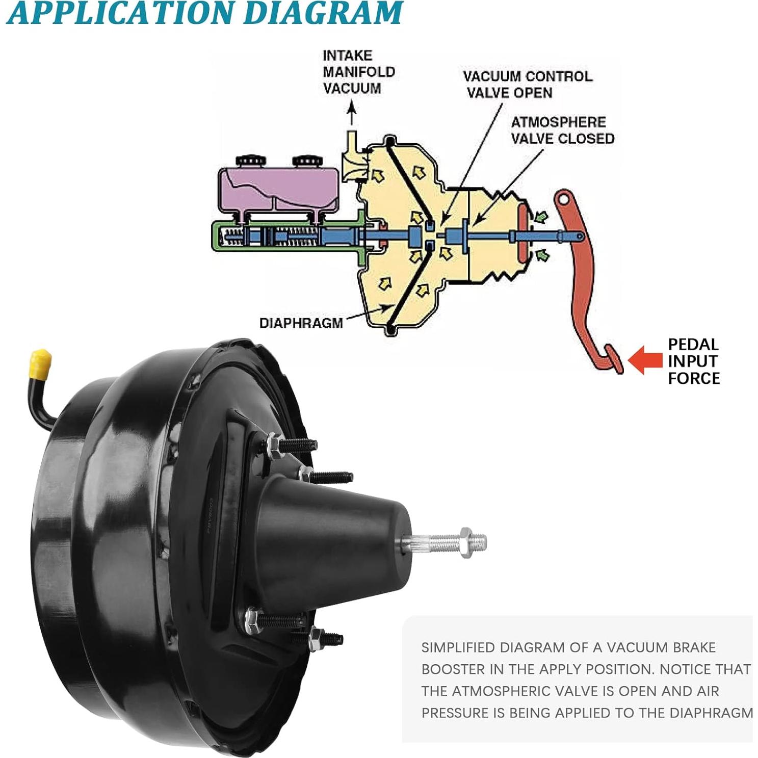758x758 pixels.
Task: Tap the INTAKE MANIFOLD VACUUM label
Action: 358,72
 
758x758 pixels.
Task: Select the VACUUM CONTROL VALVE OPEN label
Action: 527,84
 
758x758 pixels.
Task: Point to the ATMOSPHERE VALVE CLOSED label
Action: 562,130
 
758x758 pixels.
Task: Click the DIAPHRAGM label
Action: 301,323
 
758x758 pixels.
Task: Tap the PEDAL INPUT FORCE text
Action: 693,361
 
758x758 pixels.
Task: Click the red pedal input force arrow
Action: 644,360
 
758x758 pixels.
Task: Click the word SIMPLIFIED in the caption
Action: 458,647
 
